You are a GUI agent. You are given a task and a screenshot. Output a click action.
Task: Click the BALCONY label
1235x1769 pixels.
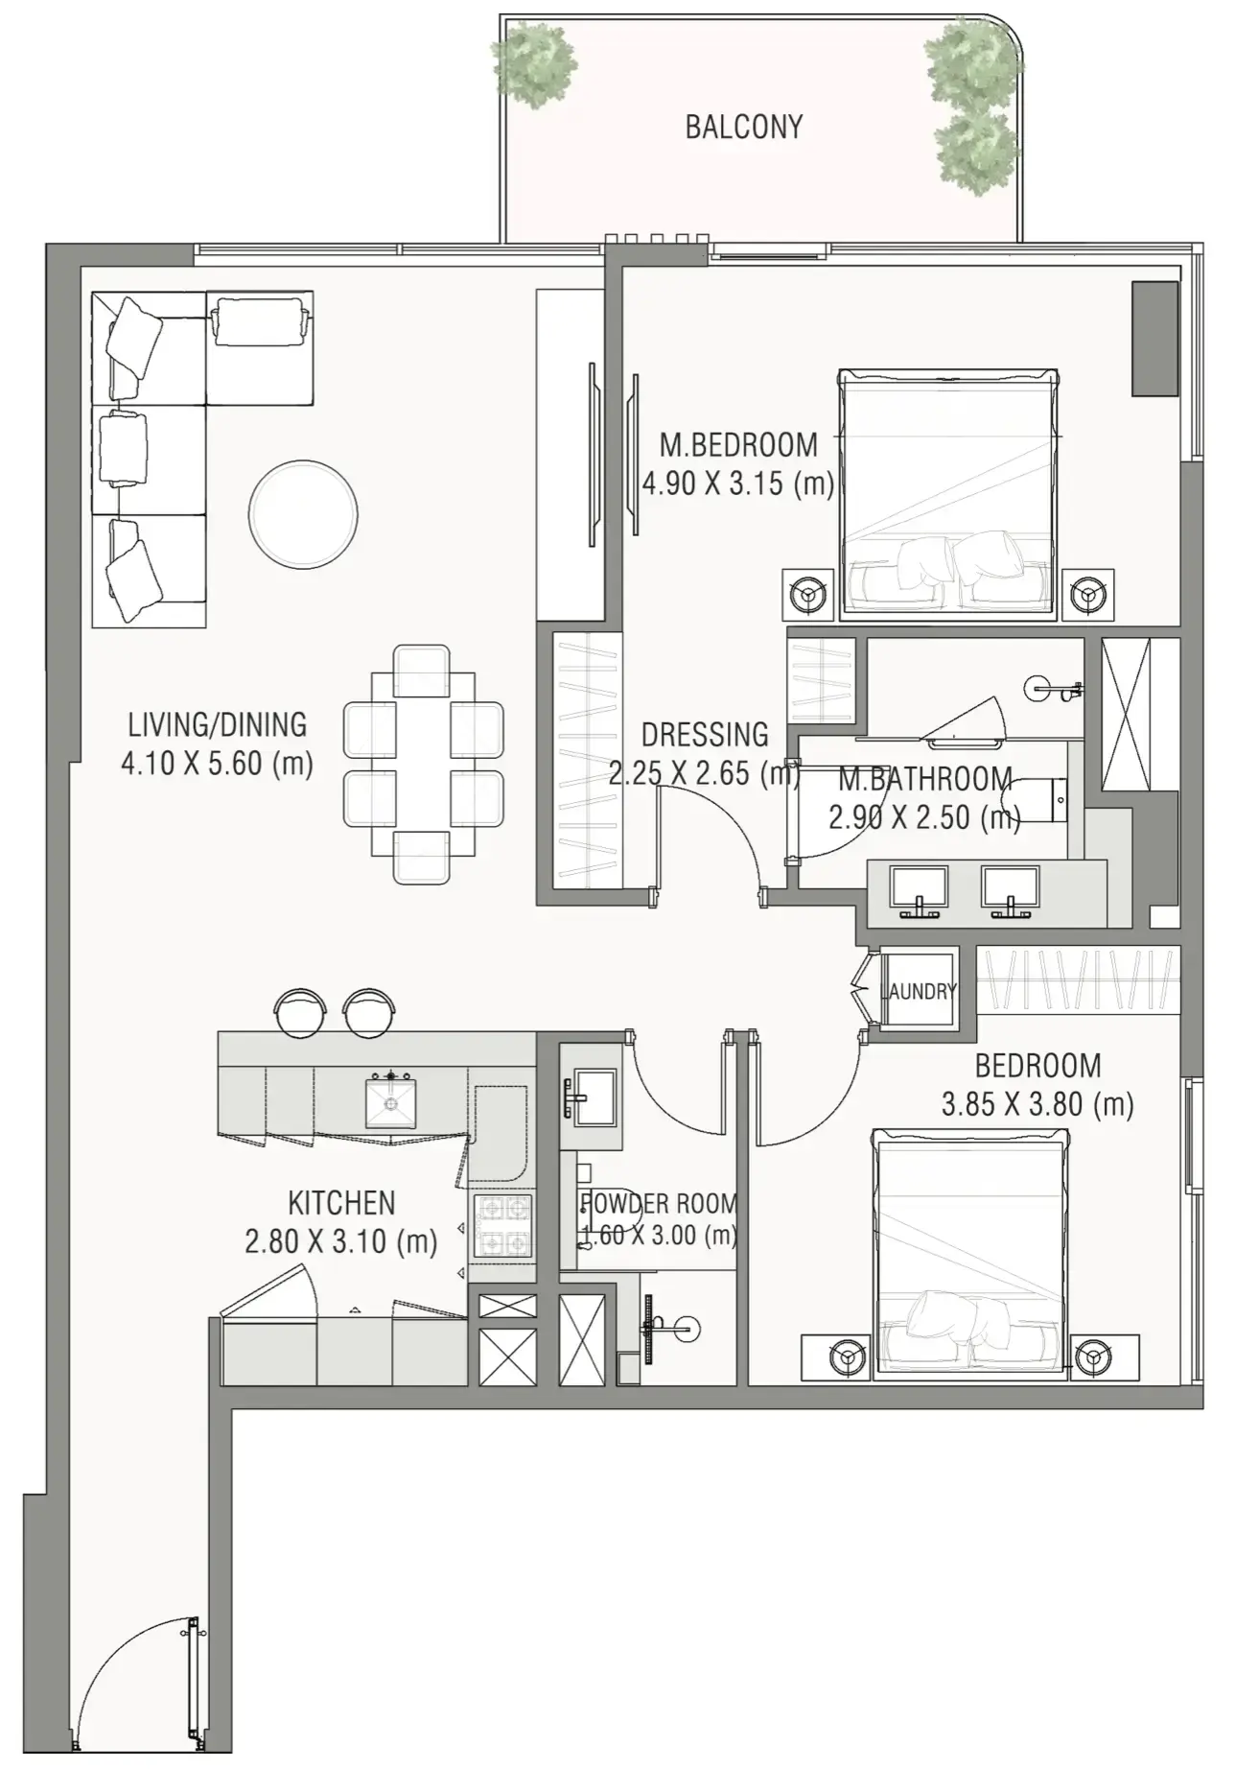pyautogui.click(x=743, y=127)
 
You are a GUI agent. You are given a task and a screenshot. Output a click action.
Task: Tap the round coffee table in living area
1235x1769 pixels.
pyautogui.click(x=303, y=514)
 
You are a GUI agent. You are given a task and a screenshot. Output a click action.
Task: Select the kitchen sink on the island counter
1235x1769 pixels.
pyautogui.click(x=390, y=1103)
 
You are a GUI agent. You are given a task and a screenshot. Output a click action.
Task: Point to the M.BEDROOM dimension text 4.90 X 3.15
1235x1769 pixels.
pyautogui.click(x=736, y=484)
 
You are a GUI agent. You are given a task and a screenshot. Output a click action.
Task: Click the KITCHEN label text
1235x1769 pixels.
pyautogui.click(x=341, y=1203)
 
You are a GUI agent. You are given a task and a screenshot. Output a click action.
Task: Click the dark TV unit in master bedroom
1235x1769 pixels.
pyautogui.click(x=1154, y=338)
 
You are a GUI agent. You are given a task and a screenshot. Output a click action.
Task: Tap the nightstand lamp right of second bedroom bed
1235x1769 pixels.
pyautogui.click(x=1094, y=1356)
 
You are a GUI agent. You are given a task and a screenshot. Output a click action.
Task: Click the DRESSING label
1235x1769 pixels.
pyautogui.click(x=705, y=735)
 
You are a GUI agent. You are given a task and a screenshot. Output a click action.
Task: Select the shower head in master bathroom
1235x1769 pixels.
pyautogui.click(x=1043, y=688)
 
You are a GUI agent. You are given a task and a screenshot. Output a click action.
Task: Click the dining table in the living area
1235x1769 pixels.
pyautogui.click(x=423, y=763)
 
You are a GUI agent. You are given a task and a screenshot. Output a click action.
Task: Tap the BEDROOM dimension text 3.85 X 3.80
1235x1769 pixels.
pyautogui.click(x=1037, y=1105)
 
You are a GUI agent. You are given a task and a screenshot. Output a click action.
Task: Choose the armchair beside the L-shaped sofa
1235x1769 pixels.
pyautogui.click(x=260, y=320)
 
